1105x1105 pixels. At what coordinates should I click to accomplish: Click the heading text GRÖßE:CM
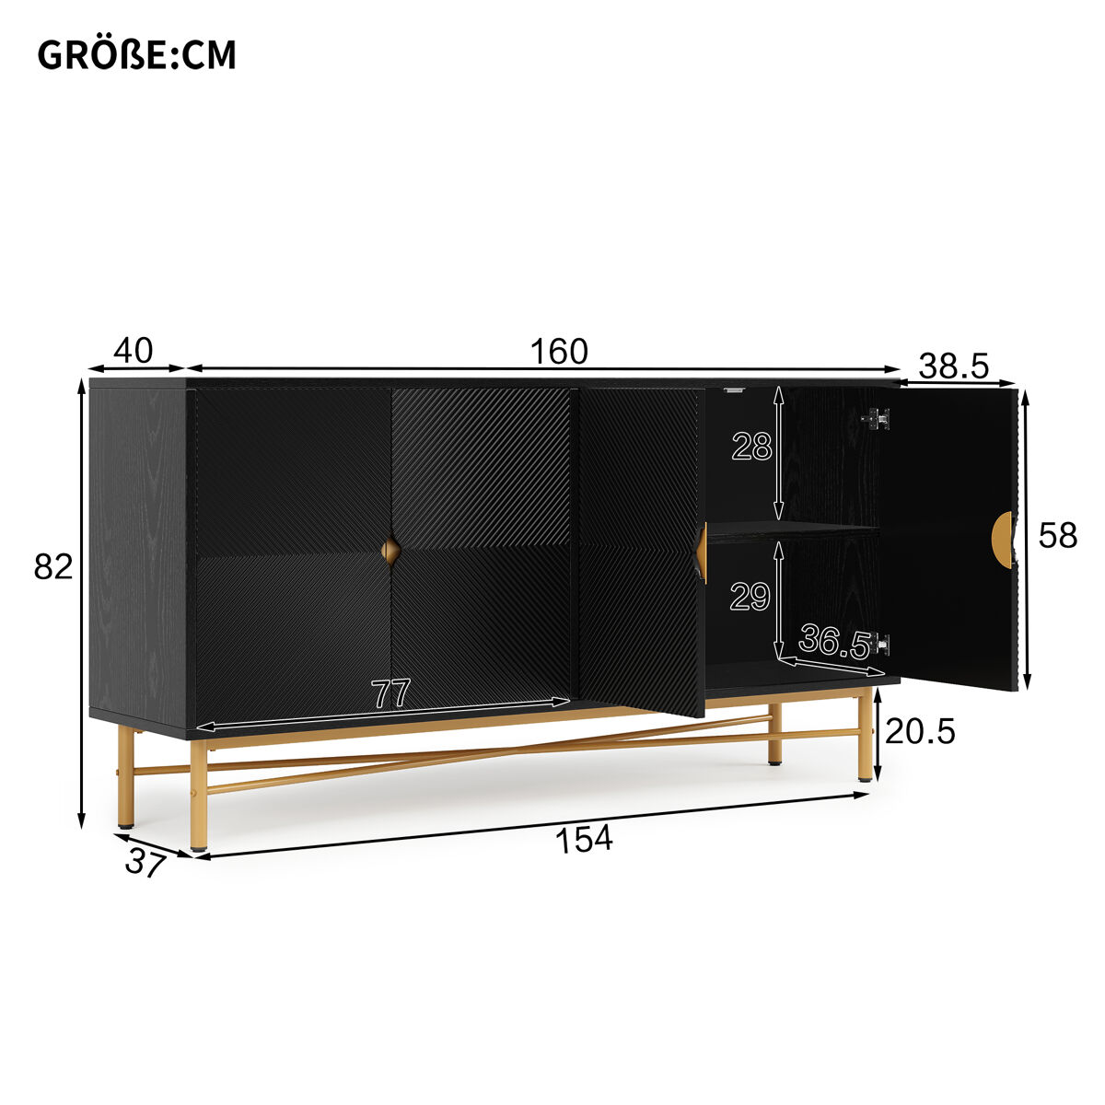tap(136, 55)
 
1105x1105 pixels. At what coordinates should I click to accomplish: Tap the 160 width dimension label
tap(559, 351)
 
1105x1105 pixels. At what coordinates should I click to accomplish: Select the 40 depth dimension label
tap(133, 350)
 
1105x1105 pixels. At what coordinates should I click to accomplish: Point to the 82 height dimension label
tap(53, 566)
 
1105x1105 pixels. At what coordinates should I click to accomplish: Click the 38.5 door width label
tap(954, 366)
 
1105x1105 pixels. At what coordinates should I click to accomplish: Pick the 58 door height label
tap(1058, 536)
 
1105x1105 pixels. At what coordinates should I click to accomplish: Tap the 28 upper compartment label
tap(751, 447)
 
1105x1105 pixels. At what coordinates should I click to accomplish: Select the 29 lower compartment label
tap(750, 597)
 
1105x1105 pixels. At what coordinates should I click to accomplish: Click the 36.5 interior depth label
tap(835, 642)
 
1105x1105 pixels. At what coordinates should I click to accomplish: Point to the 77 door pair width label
tap(391, 693)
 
